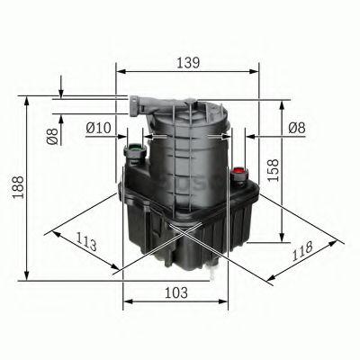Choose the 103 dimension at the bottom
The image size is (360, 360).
(x=175, y=292)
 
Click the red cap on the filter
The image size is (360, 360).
(x=239, y=170)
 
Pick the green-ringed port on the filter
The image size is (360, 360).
(x=135, y=149)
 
